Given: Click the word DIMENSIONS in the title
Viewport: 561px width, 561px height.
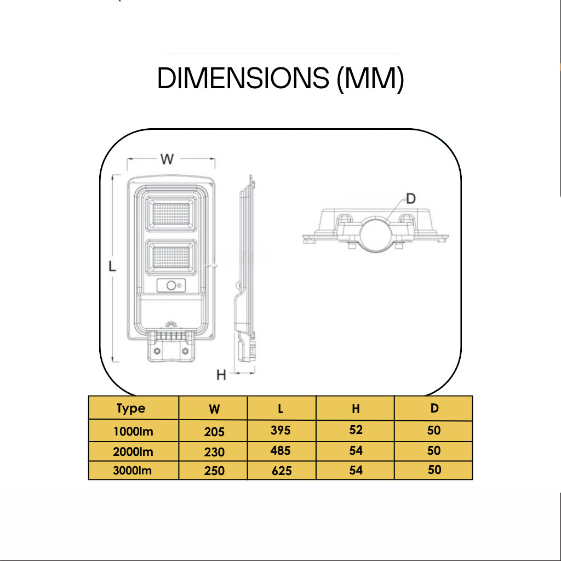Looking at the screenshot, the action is (x=243, y=78).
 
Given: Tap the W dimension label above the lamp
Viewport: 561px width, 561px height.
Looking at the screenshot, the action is (x=167, y=159).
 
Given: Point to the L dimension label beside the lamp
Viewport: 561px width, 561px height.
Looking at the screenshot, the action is (x=112, y=267).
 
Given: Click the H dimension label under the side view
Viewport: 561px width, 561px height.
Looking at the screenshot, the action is (x=221, y=375).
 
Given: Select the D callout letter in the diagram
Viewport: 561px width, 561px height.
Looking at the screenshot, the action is (x=411, y=198).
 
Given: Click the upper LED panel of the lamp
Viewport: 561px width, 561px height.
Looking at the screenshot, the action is (x=171, y=214).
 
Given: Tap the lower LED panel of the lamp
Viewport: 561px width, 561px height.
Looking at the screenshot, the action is (x=171, y=257).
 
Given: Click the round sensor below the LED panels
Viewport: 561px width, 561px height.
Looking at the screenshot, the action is (x=171, y=285).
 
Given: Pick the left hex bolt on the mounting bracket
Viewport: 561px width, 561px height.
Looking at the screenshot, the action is (x=156, y=351).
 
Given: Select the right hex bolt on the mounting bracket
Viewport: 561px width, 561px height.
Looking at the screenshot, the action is (x=185, y=351).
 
